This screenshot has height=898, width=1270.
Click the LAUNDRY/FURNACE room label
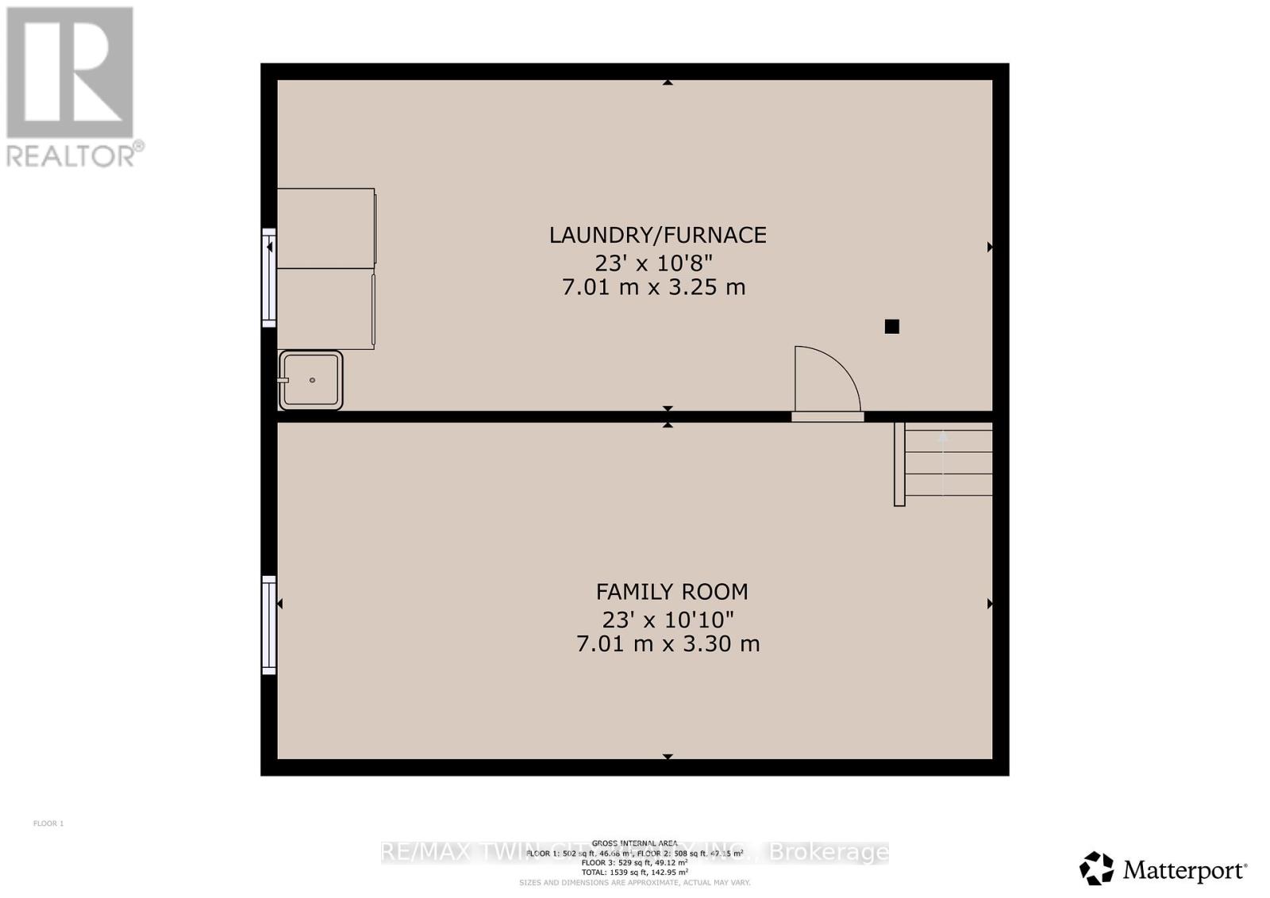(x=657, y=235)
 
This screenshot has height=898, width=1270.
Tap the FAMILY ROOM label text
(x=672, y=592)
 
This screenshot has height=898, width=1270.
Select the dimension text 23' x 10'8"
(x=653, y=262)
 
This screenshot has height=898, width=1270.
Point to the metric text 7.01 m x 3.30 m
(x=668, y=643)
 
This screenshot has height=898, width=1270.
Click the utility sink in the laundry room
(x=310, y=380)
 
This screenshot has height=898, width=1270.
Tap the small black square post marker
(x=891, y=326)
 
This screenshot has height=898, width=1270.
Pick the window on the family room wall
(x=269, y=625)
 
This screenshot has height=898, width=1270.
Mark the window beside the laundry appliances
(x=269, y=278)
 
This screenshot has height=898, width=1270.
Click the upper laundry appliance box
(x=325, y=228)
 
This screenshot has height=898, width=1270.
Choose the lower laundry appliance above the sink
(x=325, y=309)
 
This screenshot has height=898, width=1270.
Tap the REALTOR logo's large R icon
(x=70, y=73)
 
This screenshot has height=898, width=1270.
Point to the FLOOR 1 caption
(x=48, y=823)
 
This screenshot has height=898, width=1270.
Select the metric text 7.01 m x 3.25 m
(x=653, y=287)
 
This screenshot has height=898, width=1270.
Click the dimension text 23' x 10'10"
(x=668, y=619)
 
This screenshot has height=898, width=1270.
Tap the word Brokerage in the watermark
(x=829, y=853)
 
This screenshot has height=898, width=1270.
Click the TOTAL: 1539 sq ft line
(x=634, y=872)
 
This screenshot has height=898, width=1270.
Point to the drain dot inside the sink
(x=313, y=380)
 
